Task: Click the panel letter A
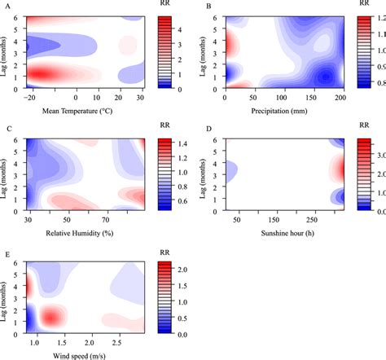point(7,7)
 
